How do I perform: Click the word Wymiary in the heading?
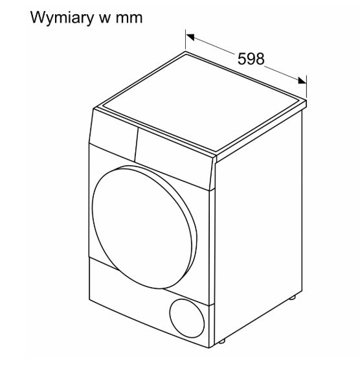click(62, 18)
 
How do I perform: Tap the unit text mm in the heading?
click(129, 18)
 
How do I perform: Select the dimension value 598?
click(251, 59)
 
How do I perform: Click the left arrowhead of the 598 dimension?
click(190, 37)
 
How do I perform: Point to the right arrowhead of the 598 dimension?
click(302, 80)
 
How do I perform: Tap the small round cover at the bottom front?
click(187, 318)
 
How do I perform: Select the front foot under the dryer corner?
click(221, 341)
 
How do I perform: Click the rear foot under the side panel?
click(292, 297)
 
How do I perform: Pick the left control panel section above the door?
click(113, 134)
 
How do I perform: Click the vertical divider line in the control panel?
click(137, 145)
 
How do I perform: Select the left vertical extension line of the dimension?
click(185, 40)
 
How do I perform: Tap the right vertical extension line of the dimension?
click(306, 87)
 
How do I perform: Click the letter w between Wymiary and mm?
click(105, 19)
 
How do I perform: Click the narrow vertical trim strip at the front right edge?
click(212, 267)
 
